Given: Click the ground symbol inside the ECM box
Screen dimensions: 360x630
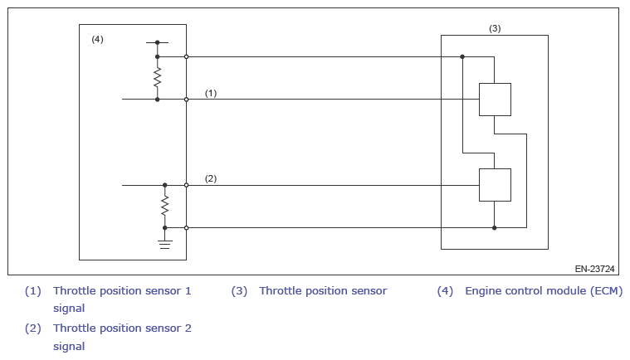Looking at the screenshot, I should coord(164,243).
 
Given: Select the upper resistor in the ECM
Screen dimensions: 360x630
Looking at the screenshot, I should coord(157,78).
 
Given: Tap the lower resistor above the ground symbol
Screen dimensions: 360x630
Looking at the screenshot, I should coord(164,205).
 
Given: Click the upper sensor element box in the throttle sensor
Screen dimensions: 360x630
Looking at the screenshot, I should coord(495,100).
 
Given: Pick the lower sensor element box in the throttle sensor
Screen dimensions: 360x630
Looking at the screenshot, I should coord(495,184).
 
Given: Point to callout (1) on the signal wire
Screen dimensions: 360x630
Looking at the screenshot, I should coord(211,93).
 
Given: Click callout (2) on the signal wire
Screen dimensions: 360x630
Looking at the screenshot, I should coord(211,178).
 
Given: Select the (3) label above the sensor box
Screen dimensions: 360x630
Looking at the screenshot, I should coord(495,28).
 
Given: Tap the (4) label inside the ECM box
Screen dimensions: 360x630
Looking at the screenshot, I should coord(97,39).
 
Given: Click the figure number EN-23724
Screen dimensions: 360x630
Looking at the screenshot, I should coord(594,269).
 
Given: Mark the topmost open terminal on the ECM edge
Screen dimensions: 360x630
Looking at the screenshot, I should coord(186,56).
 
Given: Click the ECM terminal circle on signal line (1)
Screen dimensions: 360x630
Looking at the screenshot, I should coord(186,100).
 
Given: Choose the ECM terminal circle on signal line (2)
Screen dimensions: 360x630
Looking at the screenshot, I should coord(186,185).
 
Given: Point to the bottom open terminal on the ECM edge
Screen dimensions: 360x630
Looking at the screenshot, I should coord(186,227).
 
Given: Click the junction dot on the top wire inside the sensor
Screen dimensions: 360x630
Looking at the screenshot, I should coord(462,56).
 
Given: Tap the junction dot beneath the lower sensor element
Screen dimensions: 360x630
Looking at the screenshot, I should coord(495,227).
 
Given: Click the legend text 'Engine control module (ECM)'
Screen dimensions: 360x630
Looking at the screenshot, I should coord(543,291).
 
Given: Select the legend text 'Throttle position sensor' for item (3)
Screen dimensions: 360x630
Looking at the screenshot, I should coord(323,291).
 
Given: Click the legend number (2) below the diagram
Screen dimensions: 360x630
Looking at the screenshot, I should coord(32,328).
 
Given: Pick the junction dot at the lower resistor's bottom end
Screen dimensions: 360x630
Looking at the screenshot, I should coord(164,227).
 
